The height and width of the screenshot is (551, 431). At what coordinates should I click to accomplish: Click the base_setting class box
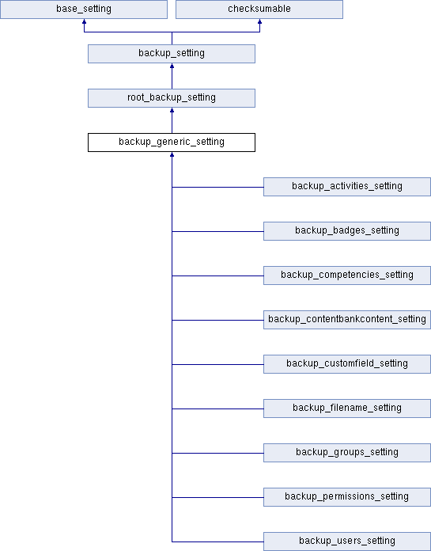coord(84,9)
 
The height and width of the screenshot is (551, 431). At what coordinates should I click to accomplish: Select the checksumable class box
coord(259,9)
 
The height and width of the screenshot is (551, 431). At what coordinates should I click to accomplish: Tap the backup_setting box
coord(172,54)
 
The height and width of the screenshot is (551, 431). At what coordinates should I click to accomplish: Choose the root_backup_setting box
coord(172,98)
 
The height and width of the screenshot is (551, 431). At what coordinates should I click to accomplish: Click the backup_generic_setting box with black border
coord(172,142)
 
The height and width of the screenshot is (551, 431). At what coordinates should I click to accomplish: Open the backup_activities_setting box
coord(347,187)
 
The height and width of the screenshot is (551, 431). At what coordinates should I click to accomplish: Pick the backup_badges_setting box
coord(347,231)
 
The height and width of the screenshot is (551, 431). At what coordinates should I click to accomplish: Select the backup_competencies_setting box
coord(347,275)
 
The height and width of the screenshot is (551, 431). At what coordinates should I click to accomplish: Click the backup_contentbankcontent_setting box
coord(347,319)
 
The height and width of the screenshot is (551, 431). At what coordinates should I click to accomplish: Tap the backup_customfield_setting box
coord(347,363)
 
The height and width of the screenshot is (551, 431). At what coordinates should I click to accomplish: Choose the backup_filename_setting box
coord(347,408)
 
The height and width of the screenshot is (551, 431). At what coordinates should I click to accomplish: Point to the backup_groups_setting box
coord(347,452)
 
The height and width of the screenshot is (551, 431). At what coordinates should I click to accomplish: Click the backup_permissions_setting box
coord(347,496)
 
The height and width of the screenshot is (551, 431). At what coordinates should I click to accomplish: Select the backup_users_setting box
coord(347,541)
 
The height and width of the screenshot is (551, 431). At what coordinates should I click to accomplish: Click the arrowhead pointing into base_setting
coord(84,21)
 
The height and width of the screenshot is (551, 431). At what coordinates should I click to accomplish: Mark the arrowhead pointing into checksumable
coord(259,21)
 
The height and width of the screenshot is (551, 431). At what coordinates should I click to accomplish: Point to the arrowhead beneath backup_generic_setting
coord(172,154)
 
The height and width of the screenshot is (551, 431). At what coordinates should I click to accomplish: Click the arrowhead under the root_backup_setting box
coord(172,110)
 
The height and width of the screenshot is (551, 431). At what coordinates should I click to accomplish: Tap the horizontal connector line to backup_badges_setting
coord(217,231)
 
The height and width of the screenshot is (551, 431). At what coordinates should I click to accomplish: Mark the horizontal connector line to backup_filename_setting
coord(217,408)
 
